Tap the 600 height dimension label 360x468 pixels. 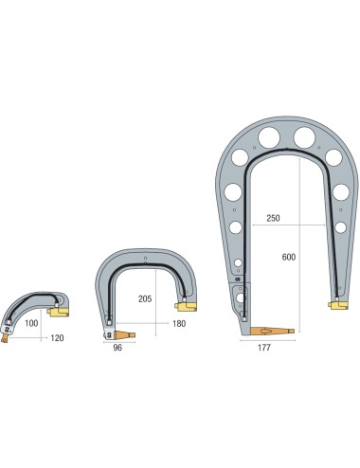click(x=288, y=256)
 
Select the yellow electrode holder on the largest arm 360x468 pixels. click(x=336, y=303)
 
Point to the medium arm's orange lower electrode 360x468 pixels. click(x=125, y=333)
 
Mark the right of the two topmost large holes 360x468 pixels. click(x=304, y=137)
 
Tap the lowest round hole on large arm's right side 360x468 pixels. click(x=340, y=225)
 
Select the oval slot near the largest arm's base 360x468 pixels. click(x=243, y=300)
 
